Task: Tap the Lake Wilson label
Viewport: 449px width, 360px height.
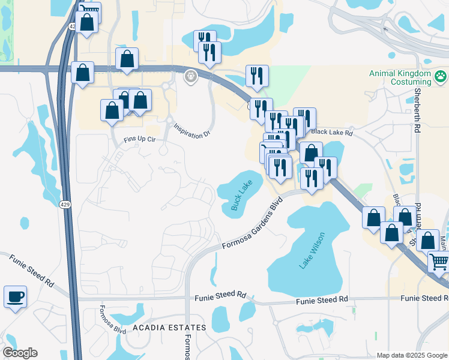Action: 312,251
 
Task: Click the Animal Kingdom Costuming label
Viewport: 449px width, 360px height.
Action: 400,77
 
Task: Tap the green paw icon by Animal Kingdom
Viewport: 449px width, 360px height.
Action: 441,76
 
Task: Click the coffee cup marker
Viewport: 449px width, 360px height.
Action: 16,296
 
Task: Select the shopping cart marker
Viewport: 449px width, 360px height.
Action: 439,262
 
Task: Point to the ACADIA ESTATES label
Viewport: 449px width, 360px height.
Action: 169,328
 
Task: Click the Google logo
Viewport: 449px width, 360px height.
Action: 20,353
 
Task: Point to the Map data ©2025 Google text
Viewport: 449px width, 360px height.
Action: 411,355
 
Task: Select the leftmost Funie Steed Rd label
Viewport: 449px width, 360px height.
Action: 31,271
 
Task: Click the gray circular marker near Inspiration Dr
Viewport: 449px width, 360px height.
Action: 191,76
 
